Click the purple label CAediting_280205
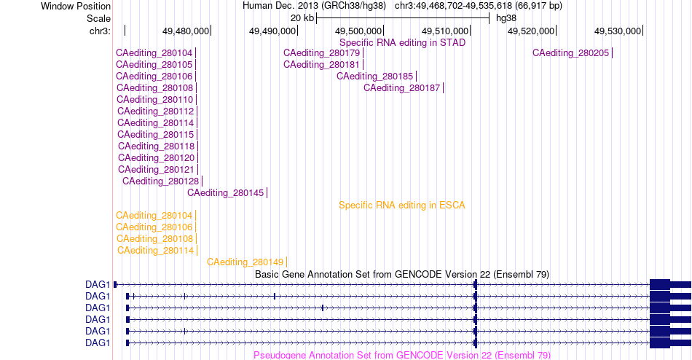point(570,53)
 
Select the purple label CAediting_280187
point(401,88)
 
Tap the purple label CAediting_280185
point(374,77)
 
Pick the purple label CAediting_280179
point(322,53)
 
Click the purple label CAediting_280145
point(226,193)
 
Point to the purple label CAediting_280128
point(161,181)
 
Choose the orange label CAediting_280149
point(245,262)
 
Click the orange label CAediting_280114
point(155,251)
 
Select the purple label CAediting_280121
point(156,170)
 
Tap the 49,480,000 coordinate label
point(186,31)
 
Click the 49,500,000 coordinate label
point(358,31)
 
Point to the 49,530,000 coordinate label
point(618,31)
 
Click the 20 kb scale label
point(302,18)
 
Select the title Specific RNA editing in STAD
point(403,43)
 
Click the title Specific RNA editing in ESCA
point(402,206)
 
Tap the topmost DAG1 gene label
point(98,284)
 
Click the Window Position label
point(76,6)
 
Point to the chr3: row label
point(101,31)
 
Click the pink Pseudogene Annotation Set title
point(402,355)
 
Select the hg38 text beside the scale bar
point(506,18)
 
